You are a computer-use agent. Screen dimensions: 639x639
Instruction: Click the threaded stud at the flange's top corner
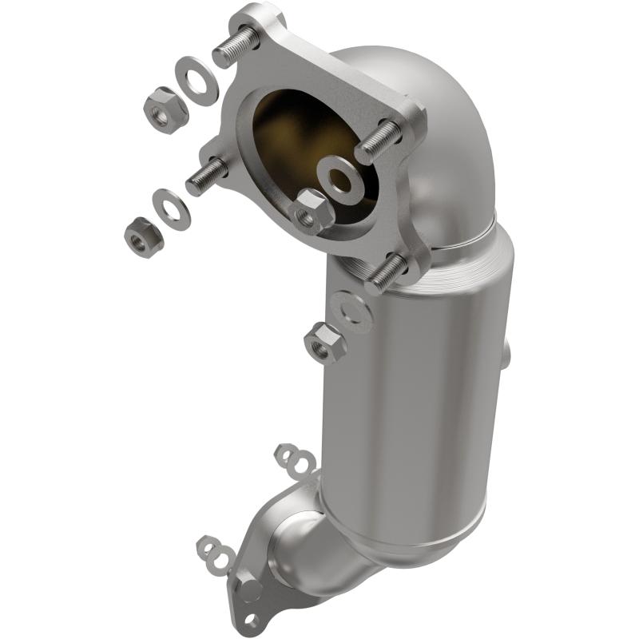(233, 48)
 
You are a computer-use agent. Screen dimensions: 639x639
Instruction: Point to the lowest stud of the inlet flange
(387, 272)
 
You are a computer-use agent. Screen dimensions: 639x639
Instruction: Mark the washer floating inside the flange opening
(339, 177)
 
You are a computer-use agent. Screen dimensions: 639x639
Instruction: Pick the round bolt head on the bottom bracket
(250, 590)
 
